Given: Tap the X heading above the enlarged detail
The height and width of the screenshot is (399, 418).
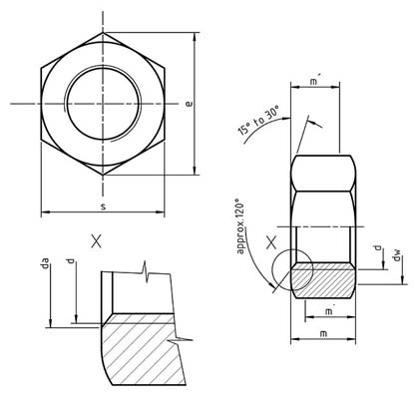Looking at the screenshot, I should [96, 239].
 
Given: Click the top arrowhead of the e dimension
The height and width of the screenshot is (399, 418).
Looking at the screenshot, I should [193, 32].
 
